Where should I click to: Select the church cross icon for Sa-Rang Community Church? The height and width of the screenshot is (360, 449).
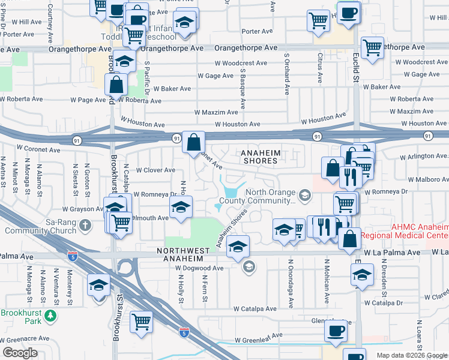[85, 226]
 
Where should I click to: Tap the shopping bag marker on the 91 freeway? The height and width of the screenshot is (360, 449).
[194, 143]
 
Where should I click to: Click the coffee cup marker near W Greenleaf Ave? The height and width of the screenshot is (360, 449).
[336, 330]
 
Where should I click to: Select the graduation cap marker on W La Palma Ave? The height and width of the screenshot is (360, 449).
[238, 247]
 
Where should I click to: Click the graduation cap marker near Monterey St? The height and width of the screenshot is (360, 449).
[98, 285]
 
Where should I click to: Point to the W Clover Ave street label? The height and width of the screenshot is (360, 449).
[155, 170]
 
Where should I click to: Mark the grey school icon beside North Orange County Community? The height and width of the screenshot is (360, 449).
[306, 194]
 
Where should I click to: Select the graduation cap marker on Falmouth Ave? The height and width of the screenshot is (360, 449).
[179, 208]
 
